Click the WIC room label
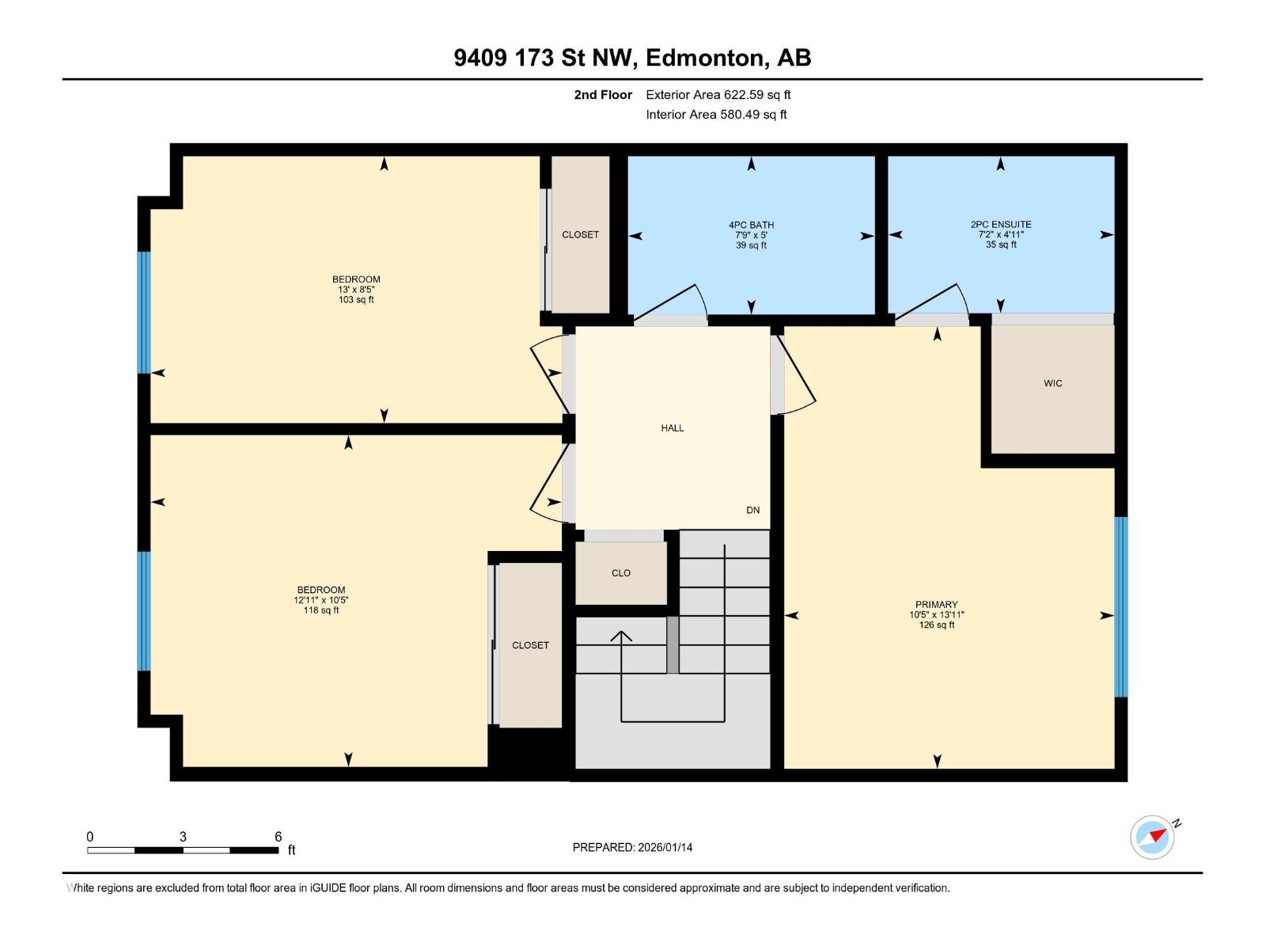pyautogui.click(x=1052, y=383)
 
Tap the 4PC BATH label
pyautogui.click(x=751, y=225)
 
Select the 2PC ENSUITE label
pyautogui.click(x=1001, y=224)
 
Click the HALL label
pyautogui.click(x=672, y=428)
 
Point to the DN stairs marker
pyautogui.click(x=752, y=511)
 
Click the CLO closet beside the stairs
pyautogui.click(x=621, y=573)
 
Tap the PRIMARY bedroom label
pyautogui.click(x=936, y=604)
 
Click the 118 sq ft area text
pyautogui.click(x=321, y=610)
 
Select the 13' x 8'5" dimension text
pyautogui.click(x=356, y=290)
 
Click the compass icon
pyautogui.click(x=1152, y=837)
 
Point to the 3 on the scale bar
pyautogui.click(x=183, y=837)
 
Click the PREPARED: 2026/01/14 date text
pyautogui.click(x=632, y=847)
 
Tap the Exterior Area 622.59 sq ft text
pyautogui.click(x=718, y=95)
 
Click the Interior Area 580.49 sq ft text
pyautogui.click(x=716, y=114)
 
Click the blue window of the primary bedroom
pyautogui.click(x=1120, y=606)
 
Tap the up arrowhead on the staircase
pyautogui.click(x=621, y=635)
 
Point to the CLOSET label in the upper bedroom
pyautogui.click(x=580, y=234)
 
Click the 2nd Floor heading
pyautogui.click(x=603, y=95)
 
